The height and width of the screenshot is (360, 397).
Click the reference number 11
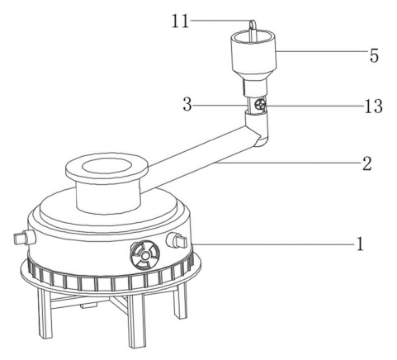click(x=180, y=21)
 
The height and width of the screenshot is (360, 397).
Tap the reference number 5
click(x=374, y=55)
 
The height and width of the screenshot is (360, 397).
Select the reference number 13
click(x=373, y=107)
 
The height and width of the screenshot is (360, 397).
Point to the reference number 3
click(x=187, y=105)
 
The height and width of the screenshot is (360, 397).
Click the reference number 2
click(x=367, y=163)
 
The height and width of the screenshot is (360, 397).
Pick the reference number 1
click(x=360, y=244)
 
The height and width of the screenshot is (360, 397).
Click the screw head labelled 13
click(x=260, y=105)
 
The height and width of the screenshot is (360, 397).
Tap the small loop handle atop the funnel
click(x=253, y=31)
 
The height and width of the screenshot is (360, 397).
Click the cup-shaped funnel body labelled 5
click(x=253, y=54)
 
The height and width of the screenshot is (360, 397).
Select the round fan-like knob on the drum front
click(x=144, y=255)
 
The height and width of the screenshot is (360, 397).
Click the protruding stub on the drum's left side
click(x=25, y=238)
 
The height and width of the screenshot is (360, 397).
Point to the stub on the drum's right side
click(x=177, y=240)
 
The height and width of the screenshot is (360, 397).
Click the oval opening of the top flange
click(x=106, y=166)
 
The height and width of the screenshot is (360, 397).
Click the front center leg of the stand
click(x=137, y=320)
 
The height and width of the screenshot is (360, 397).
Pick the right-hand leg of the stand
click(x=180, y=300)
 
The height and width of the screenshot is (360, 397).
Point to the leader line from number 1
click(x=273, y=244)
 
